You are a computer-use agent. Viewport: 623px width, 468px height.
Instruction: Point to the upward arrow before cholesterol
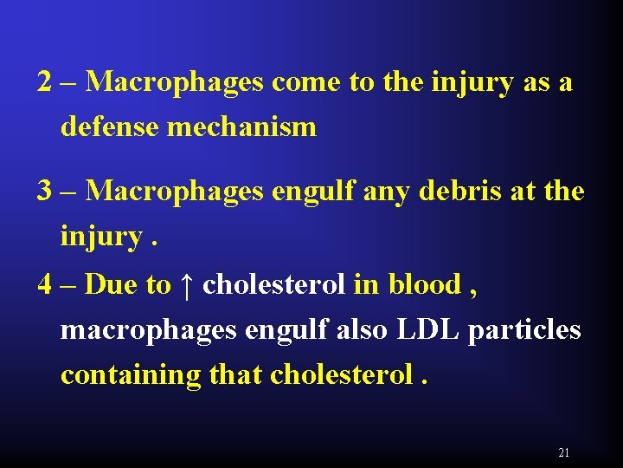point(187,284)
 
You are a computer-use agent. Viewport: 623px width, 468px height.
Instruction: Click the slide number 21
point(564,452)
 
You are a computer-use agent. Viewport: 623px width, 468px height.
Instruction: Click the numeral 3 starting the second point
point(45,190)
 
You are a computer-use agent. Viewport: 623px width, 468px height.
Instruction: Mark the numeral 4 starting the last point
point(45,284)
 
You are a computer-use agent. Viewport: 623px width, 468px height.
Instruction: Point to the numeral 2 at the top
point(45,82)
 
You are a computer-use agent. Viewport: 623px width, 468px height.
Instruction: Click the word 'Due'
point(106,284)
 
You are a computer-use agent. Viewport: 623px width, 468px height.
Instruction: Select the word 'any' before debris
point(389,192)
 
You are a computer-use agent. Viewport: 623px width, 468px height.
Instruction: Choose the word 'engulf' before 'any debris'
point(311,192)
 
